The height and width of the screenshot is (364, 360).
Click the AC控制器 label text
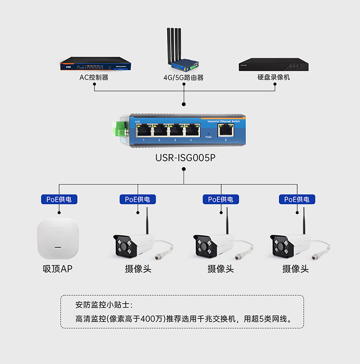(94, 77)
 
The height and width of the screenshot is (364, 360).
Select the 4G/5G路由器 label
(184, 77)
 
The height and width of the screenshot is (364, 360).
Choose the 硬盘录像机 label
(274, 77)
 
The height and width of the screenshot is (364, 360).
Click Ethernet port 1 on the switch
(143, 131)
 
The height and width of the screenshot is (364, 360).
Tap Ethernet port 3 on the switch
(175, 131)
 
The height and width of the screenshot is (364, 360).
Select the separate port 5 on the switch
(225, 130)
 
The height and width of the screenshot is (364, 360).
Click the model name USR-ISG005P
(184, 159)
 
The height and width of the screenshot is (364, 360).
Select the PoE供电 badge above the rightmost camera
(297, 199)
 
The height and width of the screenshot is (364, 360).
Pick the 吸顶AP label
(58, 269)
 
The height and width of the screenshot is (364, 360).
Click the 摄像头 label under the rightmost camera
(296, 269)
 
